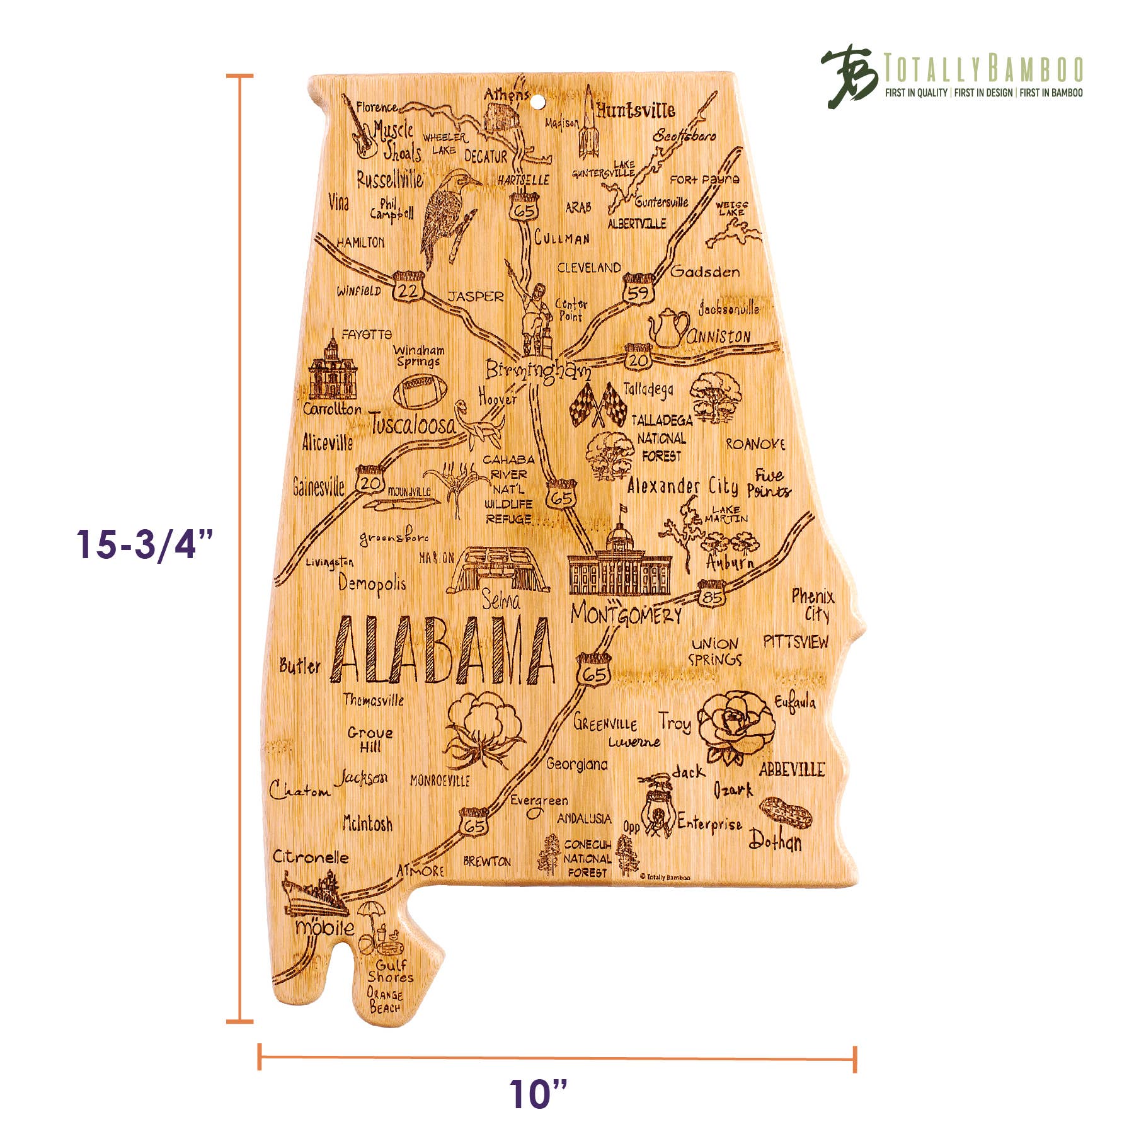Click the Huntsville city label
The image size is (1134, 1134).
[635, 111]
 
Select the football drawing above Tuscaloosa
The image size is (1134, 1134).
[420, 391]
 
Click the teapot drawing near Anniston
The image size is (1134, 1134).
[670, 328]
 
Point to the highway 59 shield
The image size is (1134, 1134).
[638, 290]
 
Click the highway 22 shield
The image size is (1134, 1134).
[408, 287]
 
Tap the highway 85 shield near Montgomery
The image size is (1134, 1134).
[712, 594]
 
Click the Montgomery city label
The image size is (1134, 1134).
[626, 614]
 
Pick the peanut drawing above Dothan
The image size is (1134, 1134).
[786, 813]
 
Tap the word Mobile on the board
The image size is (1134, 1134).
[324, 927]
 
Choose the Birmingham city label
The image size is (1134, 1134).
[537, 370]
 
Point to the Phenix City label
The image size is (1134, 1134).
[813, 605]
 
